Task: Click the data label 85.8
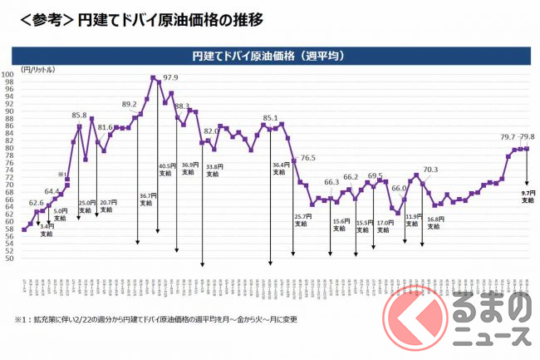point(80,116)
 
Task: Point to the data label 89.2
point(130,104)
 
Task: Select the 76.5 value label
point(308,158)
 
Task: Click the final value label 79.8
point(527,137)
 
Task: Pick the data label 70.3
point(430,170)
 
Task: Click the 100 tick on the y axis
point(7,75)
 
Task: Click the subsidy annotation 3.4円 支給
point(47,229)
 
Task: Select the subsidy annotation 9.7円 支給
point(528,196)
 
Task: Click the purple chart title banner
point(268,56)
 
